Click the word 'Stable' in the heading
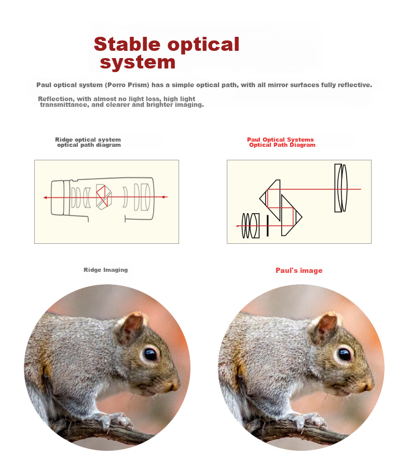127,45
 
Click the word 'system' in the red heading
138,63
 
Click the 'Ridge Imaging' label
105,270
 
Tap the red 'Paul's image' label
299,270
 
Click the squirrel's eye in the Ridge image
150,355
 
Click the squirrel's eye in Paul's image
344,355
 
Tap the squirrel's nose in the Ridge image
174,386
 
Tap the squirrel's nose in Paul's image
368,386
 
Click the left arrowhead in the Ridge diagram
45,197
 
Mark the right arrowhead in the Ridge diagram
164,197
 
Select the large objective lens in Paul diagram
341,188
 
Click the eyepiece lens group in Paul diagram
251,226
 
